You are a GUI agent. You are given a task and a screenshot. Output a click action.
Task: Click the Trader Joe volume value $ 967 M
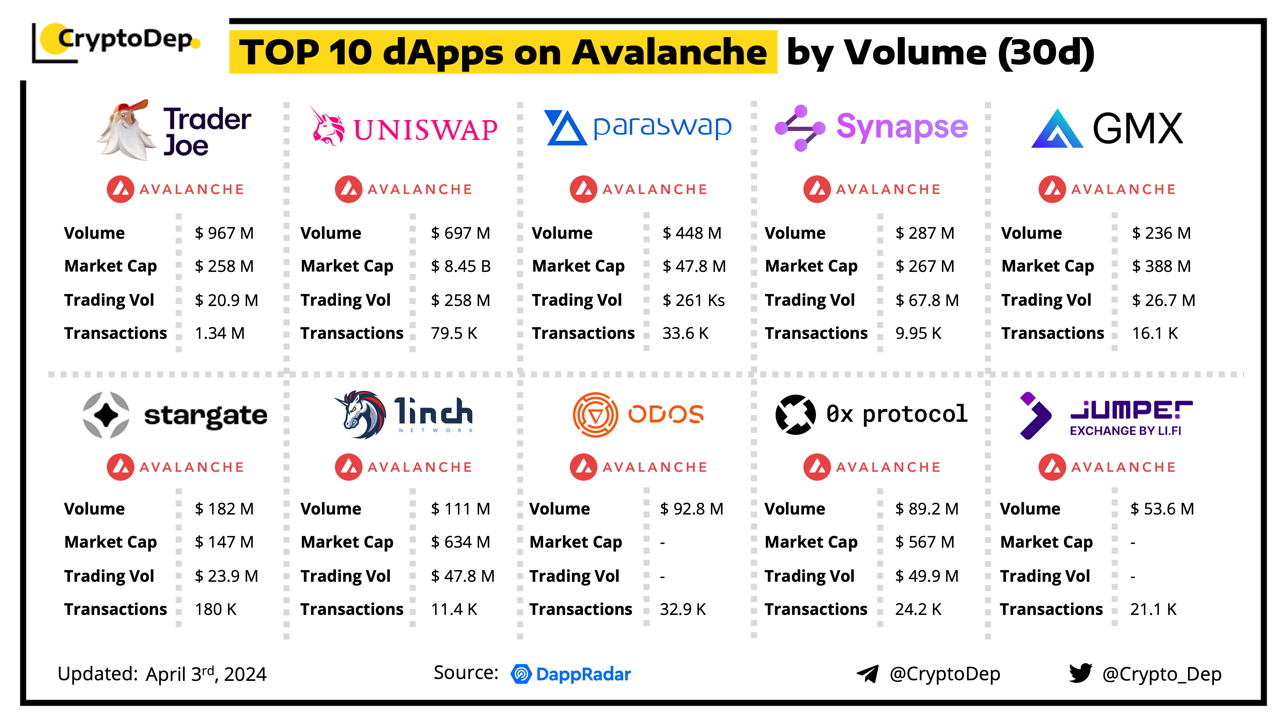point(224,233)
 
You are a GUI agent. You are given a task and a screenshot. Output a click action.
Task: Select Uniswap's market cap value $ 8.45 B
point(461,266)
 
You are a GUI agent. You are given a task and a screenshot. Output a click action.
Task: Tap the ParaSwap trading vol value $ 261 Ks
point(693,300)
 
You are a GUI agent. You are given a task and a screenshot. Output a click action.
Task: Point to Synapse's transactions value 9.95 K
point(918,333)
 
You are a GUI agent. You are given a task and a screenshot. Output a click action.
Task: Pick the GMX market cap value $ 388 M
point(1162,266)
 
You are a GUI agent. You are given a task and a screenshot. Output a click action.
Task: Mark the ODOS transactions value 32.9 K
point(683,609)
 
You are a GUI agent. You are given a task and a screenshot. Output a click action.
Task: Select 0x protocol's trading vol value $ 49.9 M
point(927,576)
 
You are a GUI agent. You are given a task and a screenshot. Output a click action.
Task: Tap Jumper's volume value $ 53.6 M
point(1162,509)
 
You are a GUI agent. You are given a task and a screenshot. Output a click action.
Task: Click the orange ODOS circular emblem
point(596,415)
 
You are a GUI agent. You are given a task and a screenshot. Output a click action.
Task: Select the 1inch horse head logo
point(361,415)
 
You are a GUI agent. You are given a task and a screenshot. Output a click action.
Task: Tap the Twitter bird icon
point(1081,673)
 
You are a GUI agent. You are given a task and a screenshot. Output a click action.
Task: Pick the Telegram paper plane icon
point(868,674)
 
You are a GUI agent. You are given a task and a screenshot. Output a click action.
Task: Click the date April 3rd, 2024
point(206,674)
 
